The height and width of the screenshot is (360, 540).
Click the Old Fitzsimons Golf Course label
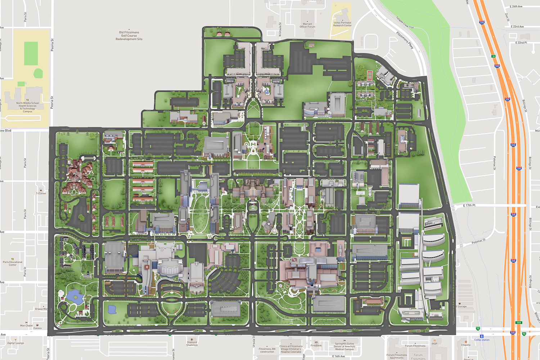click(x=129, y=36)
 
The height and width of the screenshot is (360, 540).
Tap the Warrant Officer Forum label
click(x=307, y=25)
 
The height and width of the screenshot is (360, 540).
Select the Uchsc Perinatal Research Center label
click(x=342, y=24)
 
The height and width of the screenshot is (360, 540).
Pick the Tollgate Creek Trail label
click(x=405, y=22)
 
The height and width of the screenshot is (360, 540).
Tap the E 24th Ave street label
click(x=516, y=6)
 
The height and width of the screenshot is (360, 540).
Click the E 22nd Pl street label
click(x=521, y=42)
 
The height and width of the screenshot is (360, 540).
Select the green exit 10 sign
click(x=493, y=56)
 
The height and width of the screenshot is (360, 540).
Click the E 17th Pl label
click(x=469, y=205)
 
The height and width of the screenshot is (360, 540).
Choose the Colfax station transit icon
click(x=481, y=336)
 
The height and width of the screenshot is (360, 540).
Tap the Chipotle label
click(x=465, y=345)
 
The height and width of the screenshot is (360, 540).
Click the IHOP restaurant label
click(x=435, y=343)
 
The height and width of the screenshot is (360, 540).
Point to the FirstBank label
click(x=316, y=345)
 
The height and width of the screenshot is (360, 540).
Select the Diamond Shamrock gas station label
click(x=192, y=343)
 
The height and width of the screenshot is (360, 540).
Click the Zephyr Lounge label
click(x=15, y=343)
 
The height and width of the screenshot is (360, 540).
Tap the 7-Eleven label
click(x=41, y=193)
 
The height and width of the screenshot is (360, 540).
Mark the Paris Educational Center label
click(x=13, y=263)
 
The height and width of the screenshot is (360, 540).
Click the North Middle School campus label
click(x=27, y=107)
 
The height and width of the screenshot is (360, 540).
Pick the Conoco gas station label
click(x=37, y=328)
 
